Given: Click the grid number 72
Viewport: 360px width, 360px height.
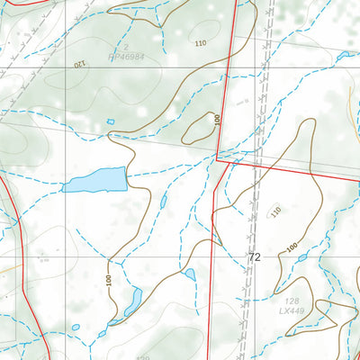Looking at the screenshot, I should [255, 257].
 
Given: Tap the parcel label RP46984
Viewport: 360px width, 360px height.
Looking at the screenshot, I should [128, 55].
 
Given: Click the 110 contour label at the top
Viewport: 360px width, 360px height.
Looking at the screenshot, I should [199, 43].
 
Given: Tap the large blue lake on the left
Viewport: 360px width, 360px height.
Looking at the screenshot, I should [94, 181].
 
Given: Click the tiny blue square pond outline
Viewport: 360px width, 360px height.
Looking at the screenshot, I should [111, 121].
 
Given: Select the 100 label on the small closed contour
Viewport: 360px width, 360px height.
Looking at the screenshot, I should [217, 120].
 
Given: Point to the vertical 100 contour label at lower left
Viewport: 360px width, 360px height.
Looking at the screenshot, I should [109, 281].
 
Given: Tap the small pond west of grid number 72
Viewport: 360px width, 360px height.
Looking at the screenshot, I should [190, 274].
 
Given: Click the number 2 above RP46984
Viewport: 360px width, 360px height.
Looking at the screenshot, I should [128, 46].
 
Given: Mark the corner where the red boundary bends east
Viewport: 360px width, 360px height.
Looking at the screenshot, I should [217, 159].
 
